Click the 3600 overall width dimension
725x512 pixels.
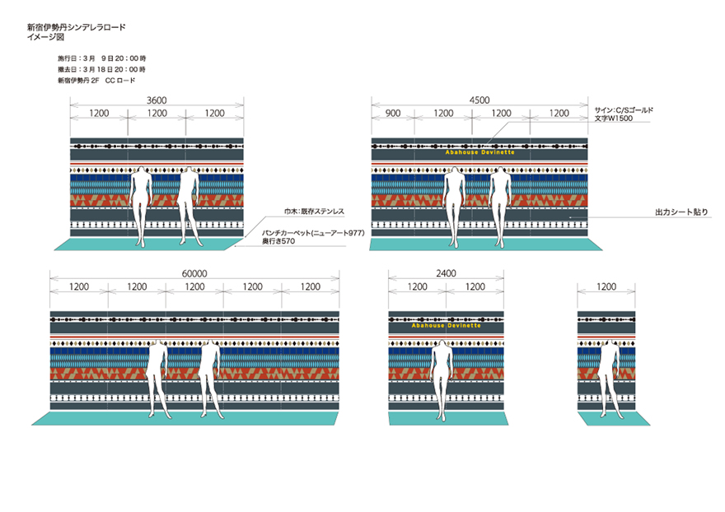pos(157,100)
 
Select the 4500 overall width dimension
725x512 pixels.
pos(479,100)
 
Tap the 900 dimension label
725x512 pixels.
pos(393,114)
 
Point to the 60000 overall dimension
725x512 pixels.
pos(194,273)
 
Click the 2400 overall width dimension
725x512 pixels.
pos(447,273)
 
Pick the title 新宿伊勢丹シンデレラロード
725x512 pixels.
pos(77,27)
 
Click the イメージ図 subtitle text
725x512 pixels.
pos(46,37)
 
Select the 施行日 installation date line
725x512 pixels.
pos(101,58)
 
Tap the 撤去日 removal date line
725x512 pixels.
pos(101,69)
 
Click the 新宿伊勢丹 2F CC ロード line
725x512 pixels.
pos(96,81)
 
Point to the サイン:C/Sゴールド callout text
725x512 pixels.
pos(624,110)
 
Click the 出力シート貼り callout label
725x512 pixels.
pos(681,212)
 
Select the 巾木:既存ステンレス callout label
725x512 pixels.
pos(315,212)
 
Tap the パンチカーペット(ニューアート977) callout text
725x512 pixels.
pos(314,233)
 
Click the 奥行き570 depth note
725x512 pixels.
pos(278,241)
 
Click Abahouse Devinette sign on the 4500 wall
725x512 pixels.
pos(480,152)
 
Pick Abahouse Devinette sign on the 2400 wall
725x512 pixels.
pos(447,326)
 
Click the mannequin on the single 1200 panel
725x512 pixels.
pos(607,379)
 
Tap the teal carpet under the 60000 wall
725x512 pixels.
pos(185,419)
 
